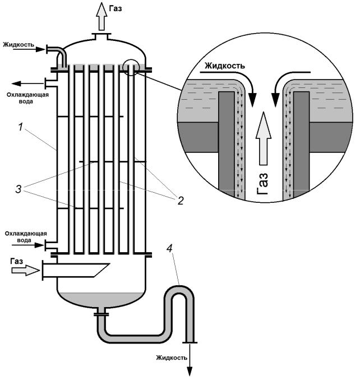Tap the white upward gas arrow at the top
click(101, 16)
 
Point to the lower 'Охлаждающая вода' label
click(22, 236)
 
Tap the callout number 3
click(20, 189)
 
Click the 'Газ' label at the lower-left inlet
click(17, 261)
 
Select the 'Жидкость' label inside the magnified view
click(224, 66)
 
